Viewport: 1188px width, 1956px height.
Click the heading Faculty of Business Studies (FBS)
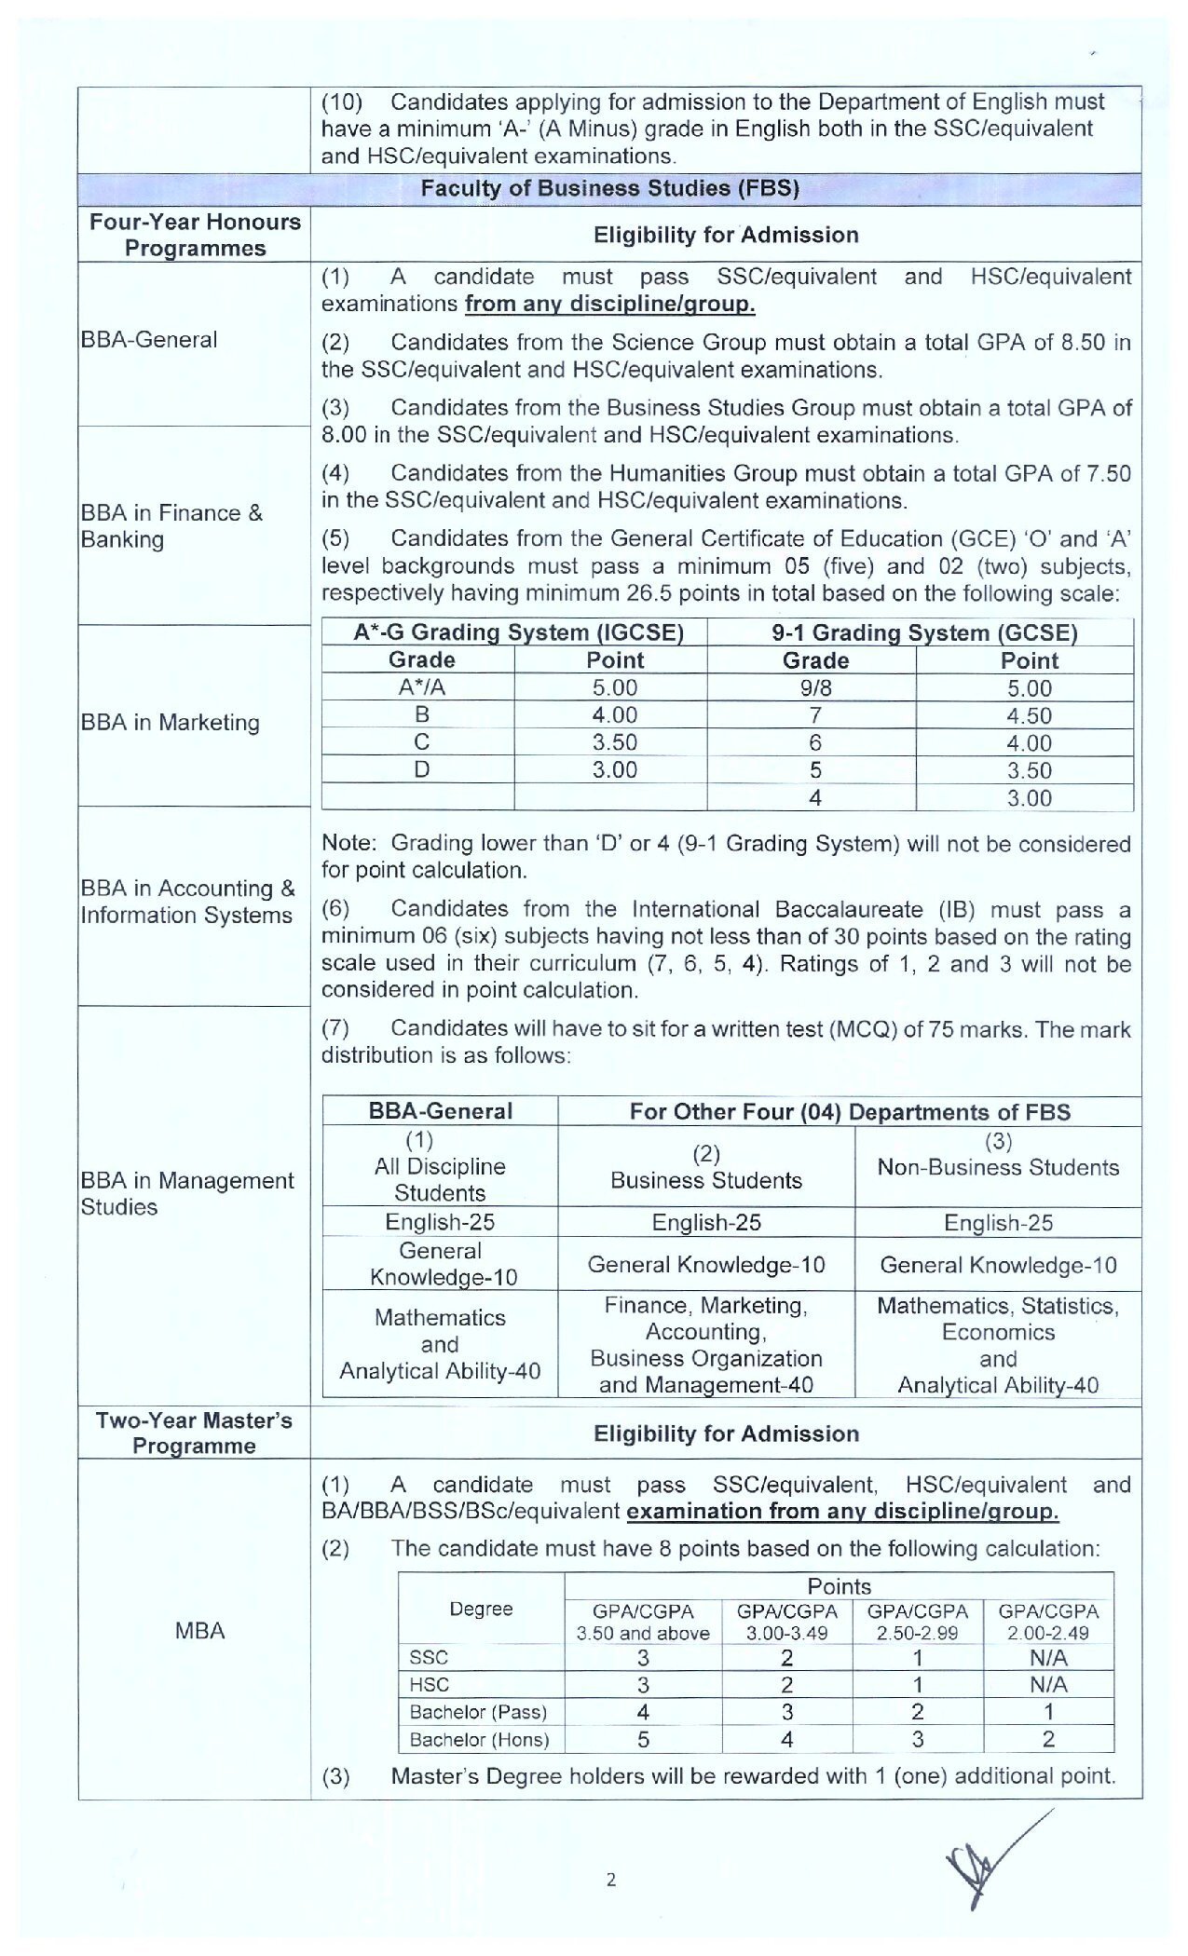click(610, 188)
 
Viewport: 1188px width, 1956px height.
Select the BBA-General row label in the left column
click(149, 340)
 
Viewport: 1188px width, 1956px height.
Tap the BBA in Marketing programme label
click(170, 723)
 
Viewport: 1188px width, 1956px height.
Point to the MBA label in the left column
click(199, 1631)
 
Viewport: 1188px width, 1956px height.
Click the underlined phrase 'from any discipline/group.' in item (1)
click(610, 305)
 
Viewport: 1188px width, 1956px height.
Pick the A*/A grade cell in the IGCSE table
click(421, 688)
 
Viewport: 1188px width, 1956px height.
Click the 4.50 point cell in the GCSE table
click(1029, 716)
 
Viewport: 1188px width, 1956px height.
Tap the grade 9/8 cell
click(814, 688)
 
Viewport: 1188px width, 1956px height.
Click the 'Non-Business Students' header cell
click(998, 1168)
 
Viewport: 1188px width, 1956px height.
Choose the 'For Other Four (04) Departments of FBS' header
click(850, 1112)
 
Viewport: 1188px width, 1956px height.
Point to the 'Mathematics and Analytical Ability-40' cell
click(440, 1344)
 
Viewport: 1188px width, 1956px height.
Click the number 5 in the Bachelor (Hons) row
click(643, 1739)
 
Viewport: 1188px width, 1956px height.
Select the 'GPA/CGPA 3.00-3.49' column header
click(787, 1622)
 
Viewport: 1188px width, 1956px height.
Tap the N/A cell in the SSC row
click(1048, 1658)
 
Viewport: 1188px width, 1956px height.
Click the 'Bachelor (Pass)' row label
click(478, 1712)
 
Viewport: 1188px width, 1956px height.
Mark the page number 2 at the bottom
click(611, 1880)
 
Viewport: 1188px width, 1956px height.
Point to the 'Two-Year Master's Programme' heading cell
click(194, 1433)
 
